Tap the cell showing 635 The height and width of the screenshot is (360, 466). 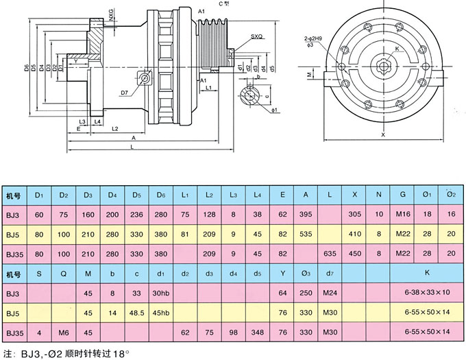click(x=331, y=253)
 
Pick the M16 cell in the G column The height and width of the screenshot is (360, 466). click(x=403, y=215)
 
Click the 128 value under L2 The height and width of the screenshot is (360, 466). click(x=209, y=215)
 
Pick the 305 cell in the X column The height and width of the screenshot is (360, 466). click(x=355, y=215)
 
